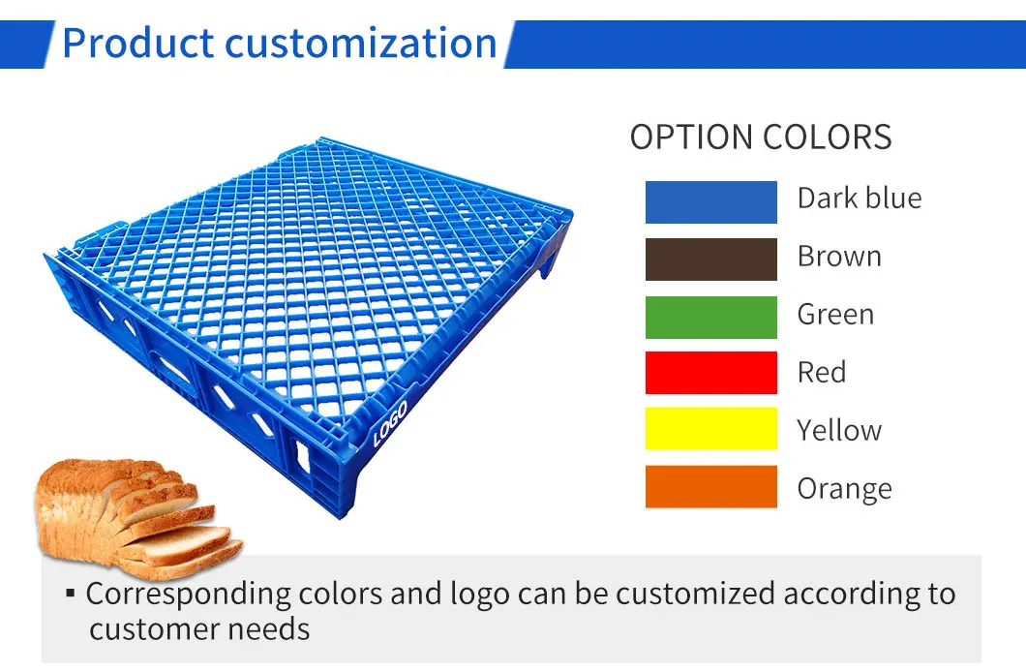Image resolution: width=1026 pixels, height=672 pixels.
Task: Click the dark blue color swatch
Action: click(x=710, y=201)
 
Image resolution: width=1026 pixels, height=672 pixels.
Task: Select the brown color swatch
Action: click(x=710, y=259)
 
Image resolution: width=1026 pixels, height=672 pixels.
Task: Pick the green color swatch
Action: click(x=710, y=317)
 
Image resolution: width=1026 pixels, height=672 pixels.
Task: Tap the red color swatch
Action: click(x=710, y=373)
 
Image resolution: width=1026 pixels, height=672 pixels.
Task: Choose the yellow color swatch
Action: click(x=710, y=429)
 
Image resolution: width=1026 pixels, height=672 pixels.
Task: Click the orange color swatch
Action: click(x=710, y=487)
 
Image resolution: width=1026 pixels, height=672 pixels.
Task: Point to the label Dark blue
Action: click(x=859, y=199)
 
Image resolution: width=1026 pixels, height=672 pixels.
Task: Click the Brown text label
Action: click(x=838, y=257)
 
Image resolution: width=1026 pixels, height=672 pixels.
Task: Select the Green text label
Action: click(x=835, y=315)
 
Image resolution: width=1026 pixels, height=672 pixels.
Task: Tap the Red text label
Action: click(x=821, y=373)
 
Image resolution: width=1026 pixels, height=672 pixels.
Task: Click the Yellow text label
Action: click(x=838, y=430)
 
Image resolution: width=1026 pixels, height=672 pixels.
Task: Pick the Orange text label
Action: click(x=844, y=489)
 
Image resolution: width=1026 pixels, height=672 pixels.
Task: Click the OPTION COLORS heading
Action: click(x=760, y=137)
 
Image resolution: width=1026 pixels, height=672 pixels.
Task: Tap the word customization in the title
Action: click(x=360, y=45)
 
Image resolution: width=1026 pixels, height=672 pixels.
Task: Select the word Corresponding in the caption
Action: click(x=173, y=593)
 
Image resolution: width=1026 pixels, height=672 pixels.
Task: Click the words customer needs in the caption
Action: click(x=199, y=629)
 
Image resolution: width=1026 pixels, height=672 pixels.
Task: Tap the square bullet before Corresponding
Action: click(x=71, y=592)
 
